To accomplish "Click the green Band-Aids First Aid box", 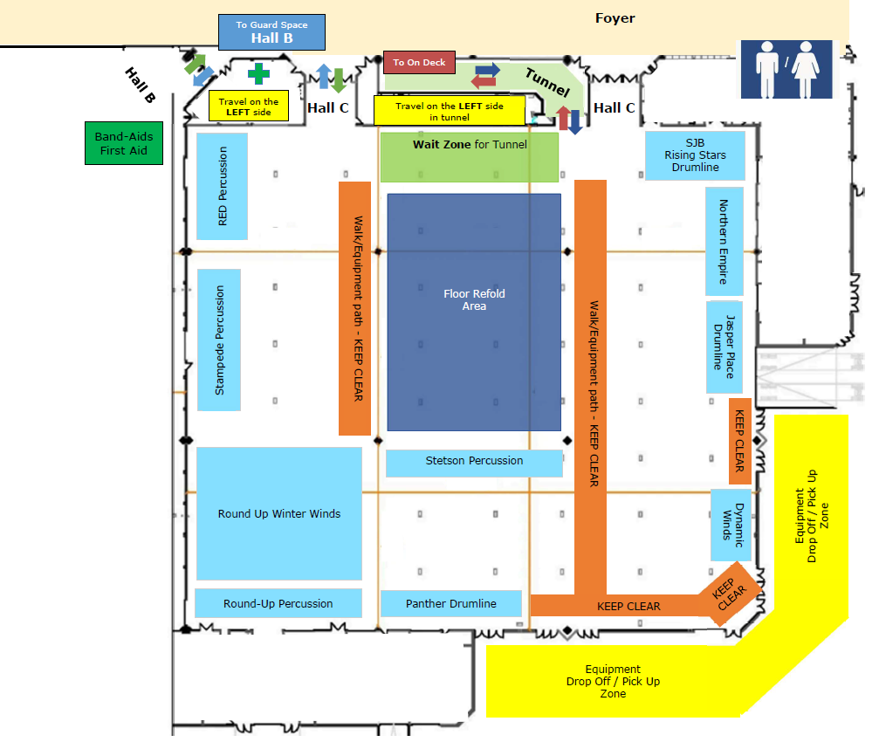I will click(x=128, y=143).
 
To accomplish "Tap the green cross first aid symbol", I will click(x=258, y=73).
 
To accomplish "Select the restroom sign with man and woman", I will click(x=787, y=69).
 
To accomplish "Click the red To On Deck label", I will click(x=419, y=62).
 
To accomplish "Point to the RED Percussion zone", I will click(x=222, y=186).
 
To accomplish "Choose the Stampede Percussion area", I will click(x=219, y=340).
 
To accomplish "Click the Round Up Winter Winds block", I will click(x=278, y=513).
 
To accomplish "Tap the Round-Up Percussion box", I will click(x=278, y=603).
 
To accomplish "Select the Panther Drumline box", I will click(x=450, y=603).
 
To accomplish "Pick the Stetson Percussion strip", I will click(x=474, y=462).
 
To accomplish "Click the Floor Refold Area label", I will click(x=474, y=299).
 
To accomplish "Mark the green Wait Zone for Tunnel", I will click(x=469, y=156).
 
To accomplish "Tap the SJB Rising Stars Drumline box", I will click(x=695, y=155).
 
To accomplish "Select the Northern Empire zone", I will click(x=724, y=241).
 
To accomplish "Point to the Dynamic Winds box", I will click(x=731, y=525).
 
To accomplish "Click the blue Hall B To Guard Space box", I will click(x=271, y=32).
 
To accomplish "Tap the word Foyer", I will click(x=615, y=17).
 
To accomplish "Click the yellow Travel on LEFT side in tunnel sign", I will click(x=450, y=111).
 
